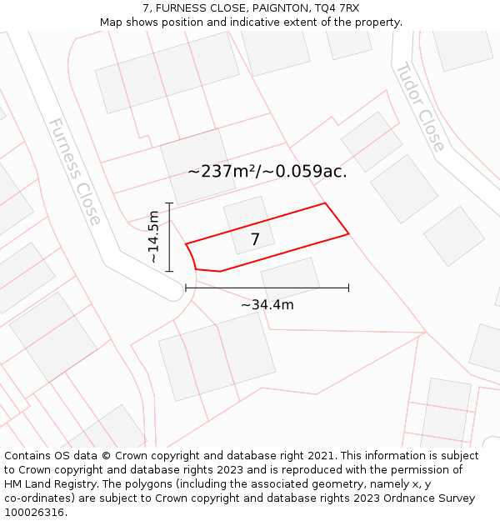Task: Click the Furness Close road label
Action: [x=74, y=171]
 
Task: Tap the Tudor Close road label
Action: [x=419, y=107]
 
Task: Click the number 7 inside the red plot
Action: [x=255, y=239]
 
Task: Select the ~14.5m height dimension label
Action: [x=153, y=237]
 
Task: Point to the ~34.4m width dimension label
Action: [x=267, y=304]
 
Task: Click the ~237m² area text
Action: [x=222, y=172]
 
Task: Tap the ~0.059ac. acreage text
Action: [x=306, y=172]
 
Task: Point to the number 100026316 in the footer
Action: [x=34, y=512]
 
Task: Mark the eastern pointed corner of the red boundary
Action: [x=348, y=233]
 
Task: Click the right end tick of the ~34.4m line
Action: [x=348, y=288]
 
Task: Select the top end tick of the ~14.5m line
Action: [x=169, y=203]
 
